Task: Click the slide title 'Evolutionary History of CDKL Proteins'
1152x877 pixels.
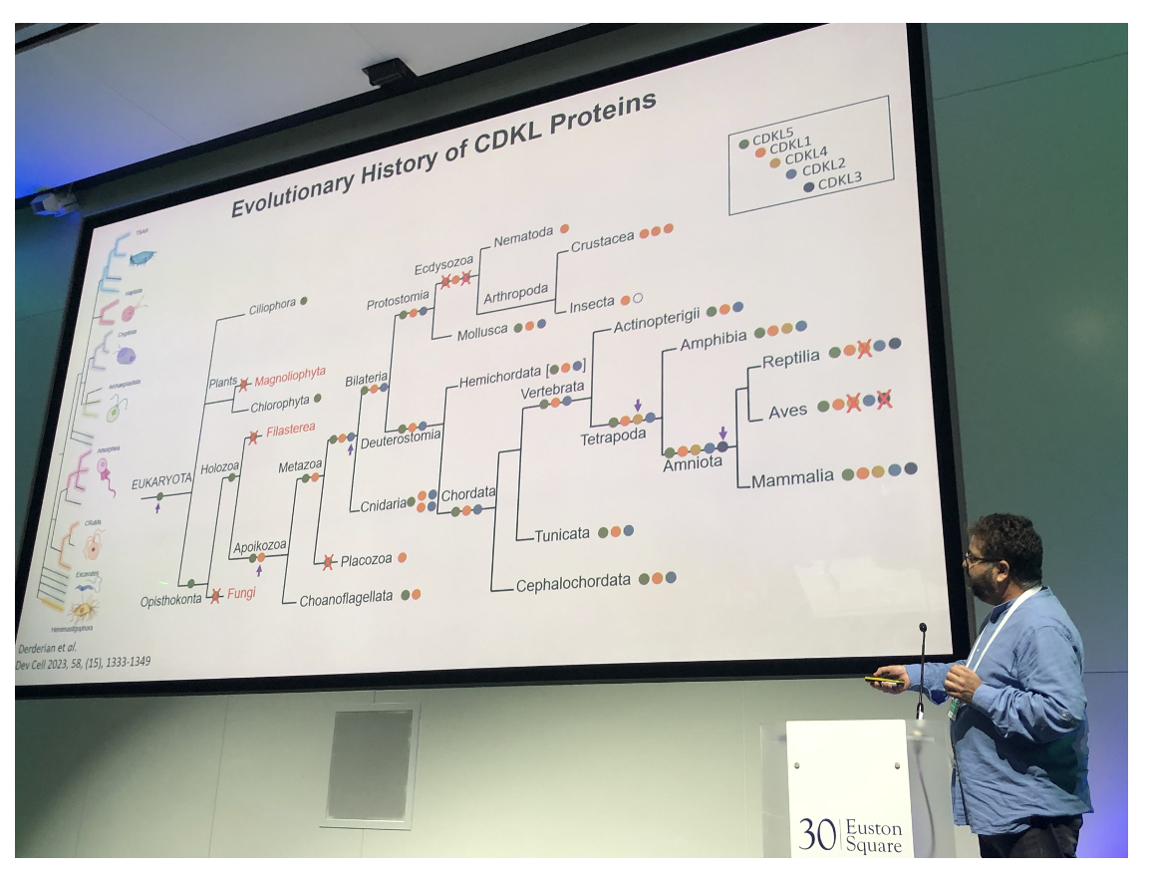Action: click(x=444, y=154)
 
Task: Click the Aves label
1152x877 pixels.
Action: click(x=787, y=411)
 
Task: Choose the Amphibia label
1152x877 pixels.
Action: click(x=713, y=339)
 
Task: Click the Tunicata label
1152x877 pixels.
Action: click(x=562, y=535)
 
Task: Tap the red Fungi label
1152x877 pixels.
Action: click(x=241, y=594)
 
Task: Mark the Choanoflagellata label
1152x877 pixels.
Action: click(x=346, y=599)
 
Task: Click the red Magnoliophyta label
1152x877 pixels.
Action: click(x=290, y=373)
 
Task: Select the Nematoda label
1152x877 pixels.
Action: click(x=523, y=236)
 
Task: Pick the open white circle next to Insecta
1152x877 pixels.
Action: click(x=638, y=298)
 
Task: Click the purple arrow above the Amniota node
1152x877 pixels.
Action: click(x=723, y=433)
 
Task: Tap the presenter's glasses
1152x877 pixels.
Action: click(x=978, y=559)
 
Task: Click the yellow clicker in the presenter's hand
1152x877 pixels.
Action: click(x=882, y=680)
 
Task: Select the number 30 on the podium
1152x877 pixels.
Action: click(x=817, y=833)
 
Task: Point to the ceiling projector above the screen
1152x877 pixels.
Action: click(x=387, y=72)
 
